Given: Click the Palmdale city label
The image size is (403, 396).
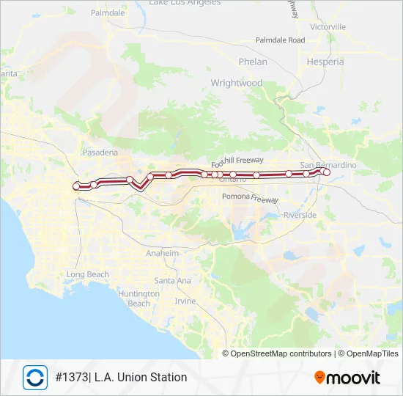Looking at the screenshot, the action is coord(107,12).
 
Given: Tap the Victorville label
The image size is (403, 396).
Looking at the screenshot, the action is coord(328,26).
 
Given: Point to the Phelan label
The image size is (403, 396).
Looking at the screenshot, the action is coord(253,62).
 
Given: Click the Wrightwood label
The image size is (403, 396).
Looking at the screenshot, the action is coord(236,83).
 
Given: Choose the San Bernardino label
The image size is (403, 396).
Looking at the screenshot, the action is coord(329,165).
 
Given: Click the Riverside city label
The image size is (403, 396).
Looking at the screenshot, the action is coord(300,215).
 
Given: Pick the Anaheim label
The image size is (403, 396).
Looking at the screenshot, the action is coord(163,253).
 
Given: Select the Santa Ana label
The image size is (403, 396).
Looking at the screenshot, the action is coord(173,280).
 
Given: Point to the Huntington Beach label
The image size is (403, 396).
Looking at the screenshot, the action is coord(138,298).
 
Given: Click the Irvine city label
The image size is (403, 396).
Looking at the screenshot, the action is coord(185,301).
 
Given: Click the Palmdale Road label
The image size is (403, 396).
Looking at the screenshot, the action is coord(280,40).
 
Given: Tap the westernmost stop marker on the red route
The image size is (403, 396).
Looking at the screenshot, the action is coord(76,187).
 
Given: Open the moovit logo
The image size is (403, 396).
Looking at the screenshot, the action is coord(347,378).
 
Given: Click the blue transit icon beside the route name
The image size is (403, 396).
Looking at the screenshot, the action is coord(34,377).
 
